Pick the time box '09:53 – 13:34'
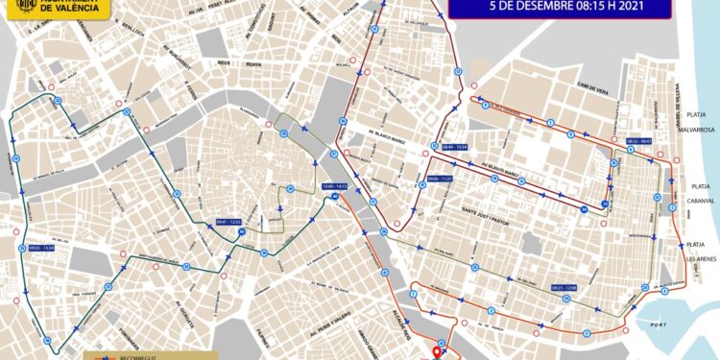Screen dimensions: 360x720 point(43,248)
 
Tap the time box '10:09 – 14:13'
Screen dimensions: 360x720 point(333,186)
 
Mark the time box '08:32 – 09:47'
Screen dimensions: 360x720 point(638,141)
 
